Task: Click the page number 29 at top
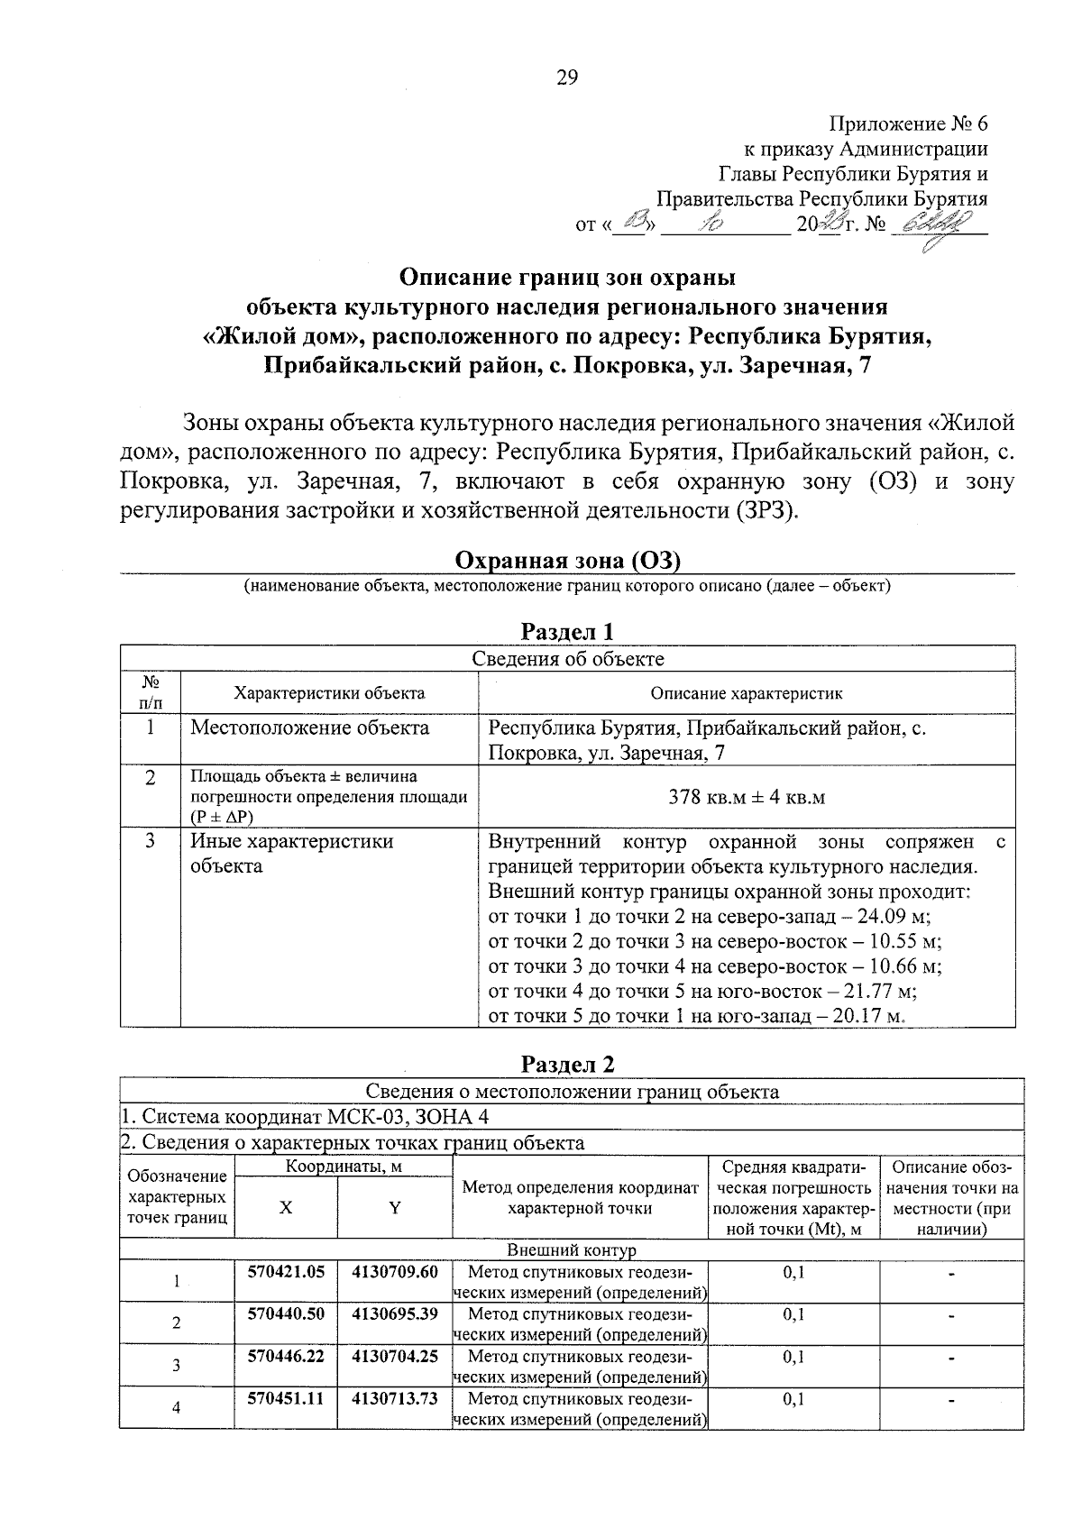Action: point(566,78)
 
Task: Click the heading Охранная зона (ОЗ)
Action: point(567,561)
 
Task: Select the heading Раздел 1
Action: point(567,631)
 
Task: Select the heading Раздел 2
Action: point(567,1064)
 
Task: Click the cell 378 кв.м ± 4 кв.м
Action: point(747,797)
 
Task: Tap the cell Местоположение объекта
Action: point(309,727)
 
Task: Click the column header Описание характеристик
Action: point(747,693)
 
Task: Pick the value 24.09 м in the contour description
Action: point(894,917)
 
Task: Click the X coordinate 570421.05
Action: point(286,1272)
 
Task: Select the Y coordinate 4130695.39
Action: point(395,1313)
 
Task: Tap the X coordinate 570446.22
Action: point(286,1356)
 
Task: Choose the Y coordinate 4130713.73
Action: point(395,1398)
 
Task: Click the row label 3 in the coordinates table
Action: point(177,1366)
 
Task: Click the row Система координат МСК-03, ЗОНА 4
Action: point(307,1117)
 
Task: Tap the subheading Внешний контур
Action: point(572,1250)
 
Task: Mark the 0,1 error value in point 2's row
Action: point(793,1314)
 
